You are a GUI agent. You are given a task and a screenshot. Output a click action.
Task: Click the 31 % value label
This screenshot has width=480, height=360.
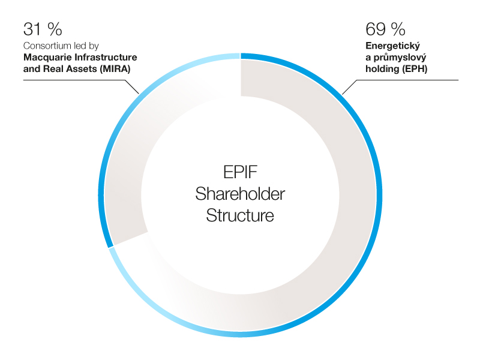[43, 29]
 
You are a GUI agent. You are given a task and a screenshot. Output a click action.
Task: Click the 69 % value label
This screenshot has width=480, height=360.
[385, 29]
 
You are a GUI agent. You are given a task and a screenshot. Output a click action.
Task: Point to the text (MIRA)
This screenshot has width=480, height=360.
[115, 69]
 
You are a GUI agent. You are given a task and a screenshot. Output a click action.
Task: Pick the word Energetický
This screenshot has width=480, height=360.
[393, 46]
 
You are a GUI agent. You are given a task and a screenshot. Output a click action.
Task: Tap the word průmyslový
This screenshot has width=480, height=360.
[400, 58]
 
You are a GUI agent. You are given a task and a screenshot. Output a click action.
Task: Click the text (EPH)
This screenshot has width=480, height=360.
[415, 69]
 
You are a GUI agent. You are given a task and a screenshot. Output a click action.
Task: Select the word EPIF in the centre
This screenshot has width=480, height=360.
[241, 172]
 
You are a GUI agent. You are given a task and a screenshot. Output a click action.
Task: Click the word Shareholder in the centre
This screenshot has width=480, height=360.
[241, 194]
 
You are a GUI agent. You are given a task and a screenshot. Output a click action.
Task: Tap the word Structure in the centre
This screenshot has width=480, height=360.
[240, 215]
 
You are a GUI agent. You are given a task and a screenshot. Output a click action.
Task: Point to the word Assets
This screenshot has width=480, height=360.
[83, 69]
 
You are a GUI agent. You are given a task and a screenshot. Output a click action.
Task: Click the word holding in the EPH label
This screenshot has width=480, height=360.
[382, 69]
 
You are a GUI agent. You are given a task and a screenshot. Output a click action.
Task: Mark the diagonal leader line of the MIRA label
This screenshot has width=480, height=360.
[132, 86]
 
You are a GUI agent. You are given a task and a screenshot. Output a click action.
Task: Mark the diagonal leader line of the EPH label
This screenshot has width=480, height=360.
[350, 87]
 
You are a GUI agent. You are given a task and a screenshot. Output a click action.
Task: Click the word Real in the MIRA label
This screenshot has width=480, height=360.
[55, 69]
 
